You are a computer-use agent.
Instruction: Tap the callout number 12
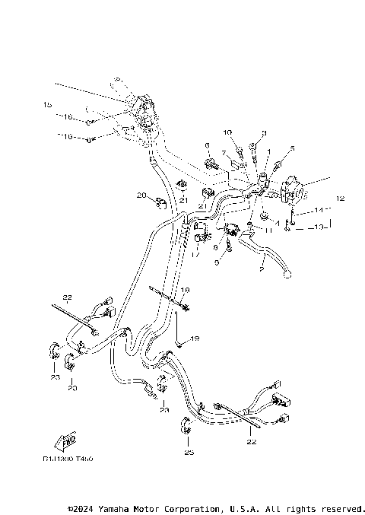[340, 199]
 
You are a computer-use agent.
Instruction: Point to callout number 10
[227, 132]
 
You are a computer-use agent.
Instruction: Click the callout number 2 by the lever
[261, 269]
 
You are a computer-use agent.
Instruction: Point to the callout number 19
[195, 338]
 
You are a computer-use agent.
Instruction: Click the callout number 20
[141, 196]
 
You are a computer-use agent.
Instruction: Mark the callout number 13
[319, 227]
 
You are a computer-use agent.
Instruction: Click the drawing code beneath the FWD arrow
[73, 459]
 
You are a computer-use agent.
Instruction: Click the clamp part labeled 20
[160, 202]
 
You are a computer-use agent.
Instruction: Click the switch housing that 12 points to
[294, 190]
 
